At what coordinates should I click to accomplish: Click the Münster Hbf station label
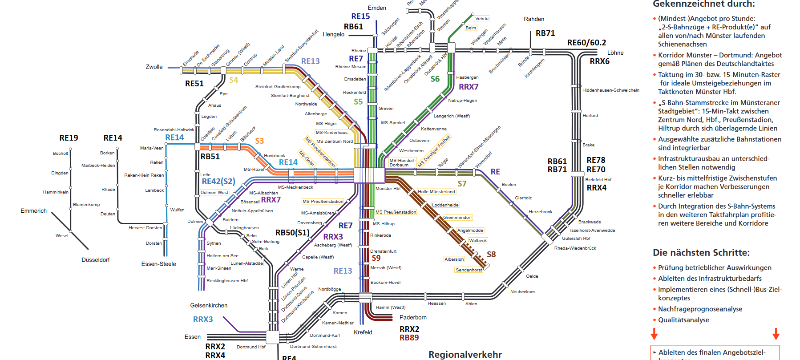(388, 189)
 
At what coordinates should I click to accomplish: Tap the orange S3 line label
(259, 141)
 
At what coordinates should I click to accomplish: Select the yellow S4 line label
(234, 80)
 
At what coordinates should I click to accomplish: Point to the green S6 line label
(435, 79)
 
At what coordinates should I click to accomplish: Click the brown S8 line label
(491, 255)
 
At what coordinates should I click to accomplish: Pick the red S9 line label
(376, 258)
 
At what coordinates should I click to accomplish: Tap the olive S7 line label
(462, 184)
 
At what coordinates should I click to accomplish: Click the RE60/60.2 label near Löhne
(586, 43)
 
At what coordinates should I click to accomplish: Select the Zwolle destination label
(154, 67)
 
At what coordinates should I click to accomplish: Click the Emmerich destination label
(33, 211)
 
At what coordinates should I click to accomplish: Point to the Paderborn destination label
(413, 318)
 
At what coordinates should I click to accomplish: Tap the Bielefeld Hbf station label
(598, 180)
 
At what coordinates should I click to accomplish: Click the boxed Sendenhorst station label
(469, 270)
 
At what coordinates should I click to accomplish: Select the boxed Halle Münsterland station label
(436, 192)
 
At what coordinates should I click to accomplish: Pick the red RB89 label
(409, 338)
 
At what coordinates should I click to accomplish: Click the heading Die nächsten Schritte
(701, 253)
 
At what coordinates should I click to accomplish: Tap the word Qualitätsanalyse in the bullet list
(683, 320)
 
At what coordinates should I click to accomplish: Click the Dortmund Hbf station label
(251, 347)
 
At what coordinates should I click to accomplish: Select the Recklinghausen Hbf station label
(227, 281)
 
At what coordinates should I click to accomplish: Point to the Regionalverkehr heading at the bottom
(465, 355)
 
